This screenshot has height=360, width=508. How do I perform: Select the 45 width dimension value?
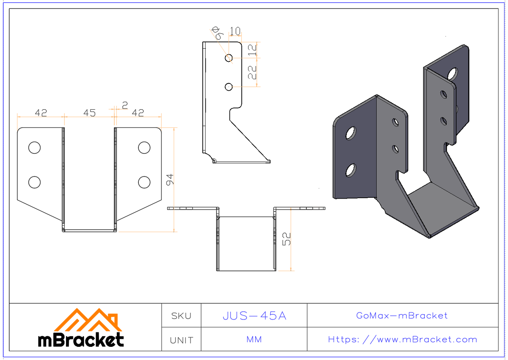tap(89, 113)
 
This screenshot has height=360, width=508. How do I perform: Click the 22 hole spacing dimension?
tap(252, 72)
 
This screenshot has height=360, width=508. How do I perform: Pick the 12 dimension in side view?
tap(252, 50)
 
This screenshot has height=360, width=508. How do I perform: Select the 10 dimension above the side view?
tap(235, 31)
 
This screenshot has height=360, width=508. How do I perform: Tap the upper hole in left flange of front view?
tap(34, 147)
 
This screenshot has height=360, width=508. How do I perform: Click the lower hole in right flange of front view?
tap(144, 182)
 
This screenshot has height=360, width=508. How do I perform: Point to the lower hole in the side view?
tap(229, 87)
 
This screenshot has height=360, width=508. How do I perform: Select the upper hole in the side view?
tap(229, 58)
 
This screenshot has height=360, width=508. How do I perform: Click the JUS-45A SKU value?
tap(254, 316)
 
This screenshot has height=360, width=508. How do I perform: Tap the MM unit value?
tap(254, 340)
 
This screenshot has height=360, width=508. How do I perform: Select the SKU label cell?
tap(181, 316)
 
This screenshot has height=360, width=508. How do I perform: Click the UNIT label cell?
tap(181, 340)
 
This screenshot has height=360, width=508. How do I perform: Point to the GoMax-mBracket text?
tap(402, 316)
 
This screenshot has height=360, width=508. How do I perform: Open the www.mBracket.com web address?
tap(403, 340)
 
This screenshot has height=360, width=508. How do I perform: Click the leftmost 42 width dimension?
tap(41, 113)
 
